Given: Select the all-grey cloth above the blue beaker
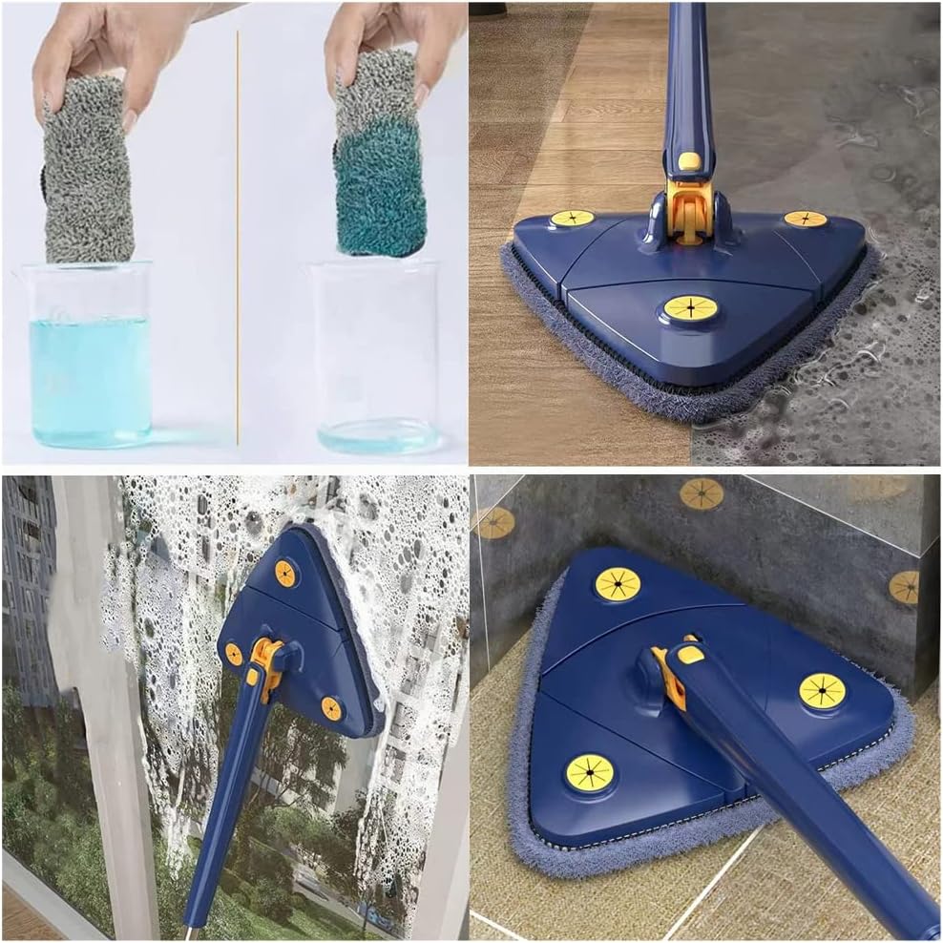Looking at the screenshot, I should click(87, 172).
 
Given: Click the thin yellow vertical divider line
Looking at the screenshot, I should click(237, 239).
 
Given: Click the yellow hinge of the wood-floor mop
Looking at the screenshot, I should click(689, 205).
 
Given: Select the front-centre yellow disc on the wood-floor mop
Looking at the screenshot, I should click(690, 308).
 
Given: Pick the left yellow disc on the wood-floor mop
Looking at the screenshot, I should click(572, 219).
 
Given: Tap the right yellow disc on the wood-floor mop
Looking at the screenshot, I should click(806, 219).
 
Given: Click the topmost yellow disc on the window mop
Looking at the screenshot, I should click(285, 573).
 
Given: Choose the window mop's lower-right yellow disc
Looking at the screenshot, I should click(331, 708).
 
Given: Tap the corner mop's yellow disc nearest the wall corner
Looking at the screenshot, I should click(618, 583).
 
